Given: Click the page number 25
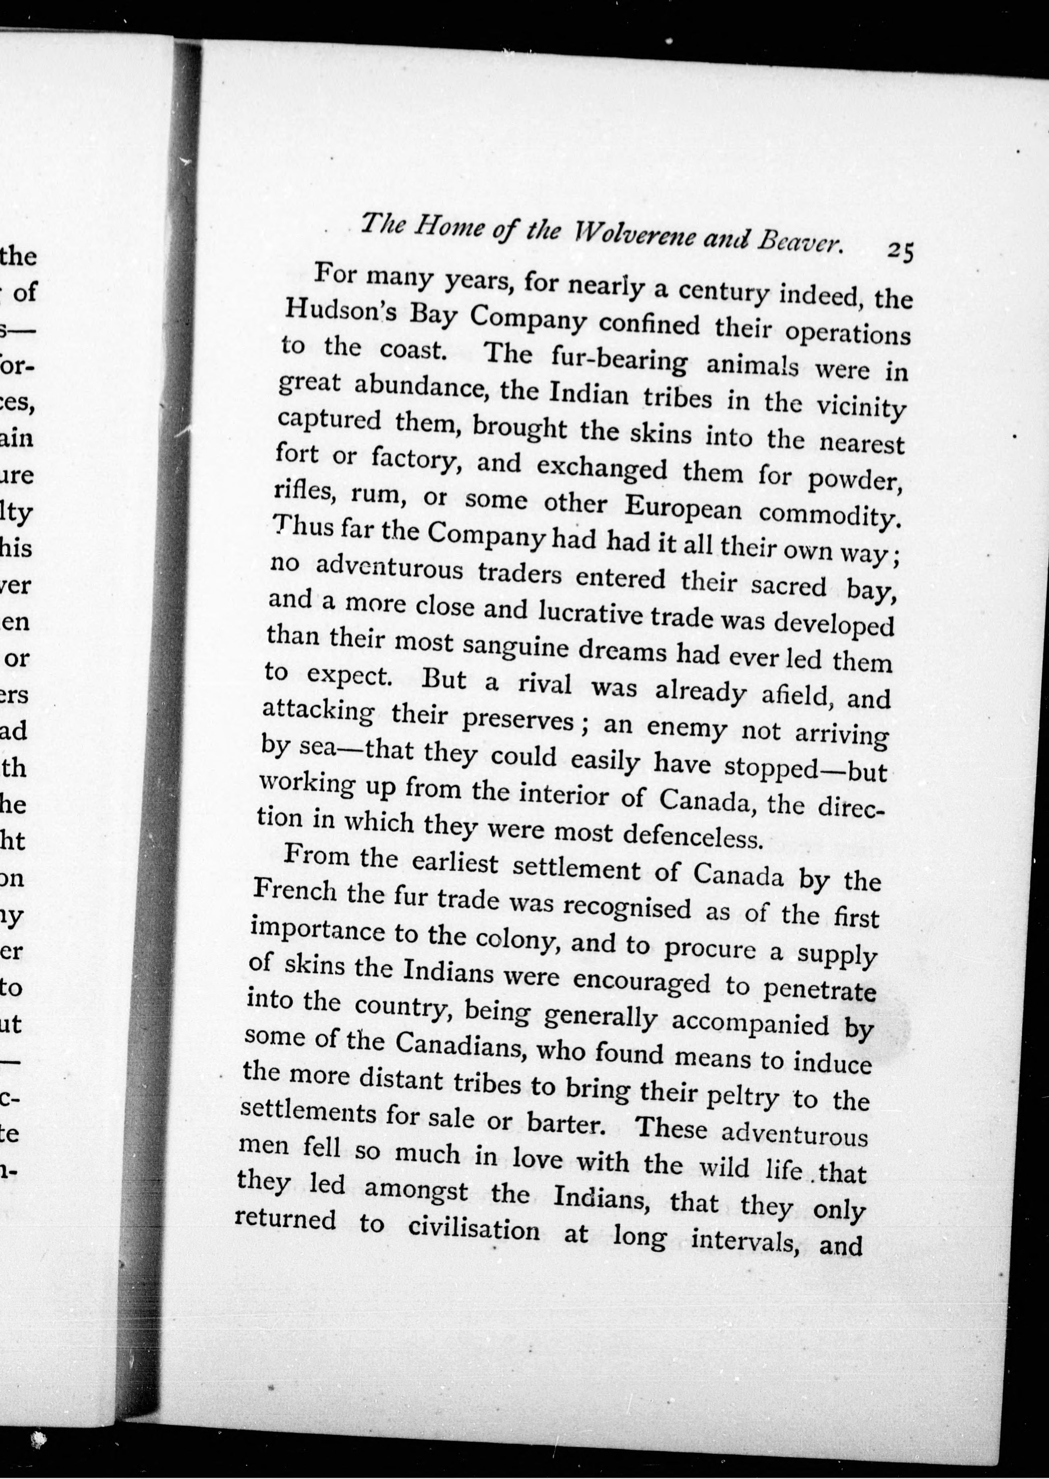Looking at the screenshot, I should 899,251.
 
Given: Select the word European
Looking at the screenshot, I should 683,507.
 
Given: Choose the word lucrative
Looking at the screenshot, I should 591,613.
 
